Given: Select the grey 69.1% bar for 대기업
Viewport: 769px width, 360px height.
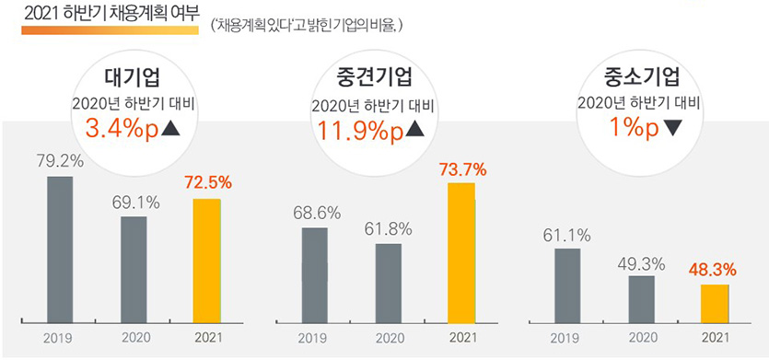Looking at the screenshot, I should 134,269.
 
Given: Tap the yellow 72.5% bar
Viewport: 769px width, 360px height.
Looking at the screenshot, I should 207,261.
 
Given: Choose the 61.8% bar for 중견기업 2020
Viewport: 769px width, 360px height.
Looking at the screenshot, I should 389,283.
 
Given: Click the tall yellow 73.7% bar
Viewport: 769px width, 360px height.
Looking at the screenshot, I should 461,252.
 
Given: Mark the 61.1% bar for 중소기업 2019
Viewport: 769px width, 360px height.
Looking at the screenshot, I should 568,285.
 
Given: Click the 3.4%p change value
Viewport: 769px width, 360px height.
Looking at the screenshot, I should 120,128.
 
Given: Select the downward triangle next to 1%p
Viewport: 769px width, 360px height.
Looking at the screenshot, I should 672,129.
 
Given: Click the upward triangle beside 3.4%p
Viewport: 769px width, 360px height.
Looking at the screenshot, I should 172,128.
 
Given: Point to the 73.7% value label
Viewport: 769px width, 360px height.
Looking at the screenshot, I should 461,169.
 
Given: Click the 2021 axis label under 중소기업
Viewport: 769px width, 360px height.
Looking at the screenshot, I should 715,338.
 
